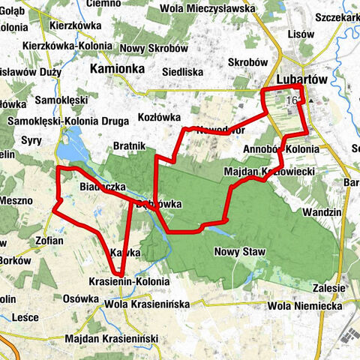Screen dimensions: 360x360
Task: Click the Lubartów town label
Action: click(304, 79)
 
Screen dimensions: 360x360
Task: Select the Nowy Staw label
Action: click(236, 253)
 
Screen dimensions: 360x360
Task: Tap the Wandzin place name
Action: click(324, 213)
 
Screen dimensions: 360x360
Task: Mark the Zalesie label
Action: click(329, 288)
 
